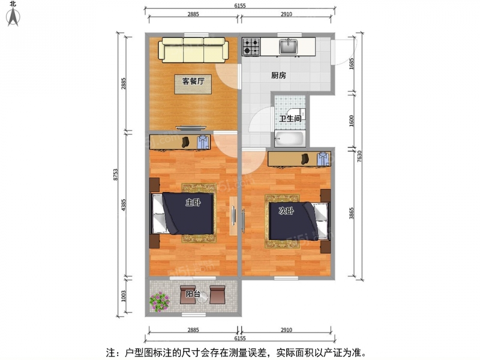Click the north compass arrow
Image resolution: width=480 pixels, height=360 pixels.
(x=13, y=17)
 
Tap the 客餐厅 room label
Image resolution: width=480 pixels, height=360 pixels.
(x=193, y=81)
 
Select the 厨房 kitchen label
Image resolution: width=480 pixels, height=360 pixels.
(x=278, y=75)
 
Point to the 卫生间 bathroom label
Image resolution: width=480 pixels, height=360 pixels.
(x=290, y=118)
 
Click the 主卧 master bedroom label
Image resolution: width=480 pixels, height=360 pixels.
(x=193, y=202)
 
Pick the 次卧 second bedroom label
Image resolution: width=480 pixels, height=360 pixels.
(x=286, y=211)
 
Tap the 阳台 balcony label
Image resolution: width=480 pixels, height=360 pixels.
(x=193, y=294)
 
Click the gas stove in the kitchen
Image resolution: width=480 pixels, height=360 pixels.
(x=251, y=47)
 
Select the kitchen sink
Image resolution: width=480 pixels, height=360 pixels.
(x=288, y=47)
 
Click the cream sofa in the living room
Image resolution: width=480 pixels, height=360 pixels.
(x=193, y=50)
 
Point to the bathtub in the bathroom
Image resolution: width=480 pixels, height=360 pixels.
(x=289, y=139)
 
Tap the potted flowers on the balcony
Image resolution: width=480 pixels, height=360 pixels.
(x=160, y=302)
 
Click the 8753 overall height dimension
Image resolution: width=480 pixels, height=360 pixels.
(x=115, y=175)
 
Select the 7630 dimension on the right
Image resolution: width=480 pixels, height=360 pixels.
(x=359, y=156)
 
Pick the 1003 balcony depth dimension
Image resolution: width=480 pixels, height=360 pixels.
(x=124, y=296)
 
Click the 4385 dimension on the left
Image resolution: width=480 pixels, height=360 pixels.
(x=124, y=205)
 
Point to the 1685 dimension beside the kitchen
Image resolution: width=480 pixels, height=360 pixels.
(x=352, y=64)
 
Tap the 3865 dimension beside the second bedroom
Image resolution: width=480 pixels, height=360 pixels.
(x=352, y=213)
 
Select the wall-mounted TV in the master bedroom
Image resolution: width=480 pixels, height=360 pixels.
(x=233, y=216)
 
